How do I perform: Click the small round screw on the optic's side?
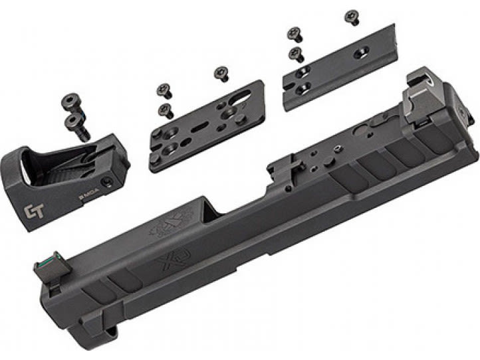click(105, 182)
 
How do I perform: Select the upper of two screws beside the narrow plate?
click(293, 33)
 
